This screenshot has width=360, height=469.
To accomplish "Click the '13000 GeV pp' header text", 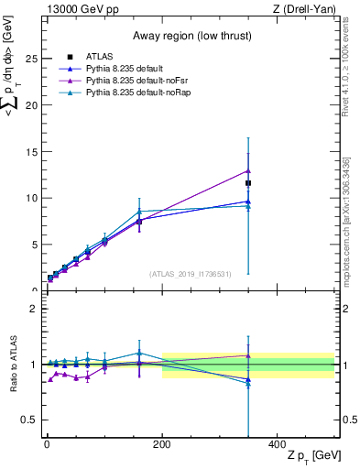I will (x=82, y=8).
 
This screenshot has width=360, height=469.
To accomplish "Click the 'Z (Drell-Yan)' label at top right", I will (x=307, y=8).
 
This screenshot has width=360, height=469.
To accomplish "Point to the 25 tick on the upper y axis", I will (x=31, y=59).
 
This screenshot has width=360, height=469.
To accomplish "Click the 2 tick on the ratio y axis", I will (x=33, y=309).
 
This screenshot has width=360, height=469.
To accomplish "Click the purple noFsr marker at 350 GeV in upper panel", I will (x=248, y=170).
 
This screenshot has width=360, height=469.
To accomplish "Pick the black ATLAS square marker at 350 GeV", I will (x=248, y=183).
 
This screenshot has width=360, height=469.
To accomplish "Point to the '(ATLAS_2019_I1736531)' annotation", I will (x=191, y=274).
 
